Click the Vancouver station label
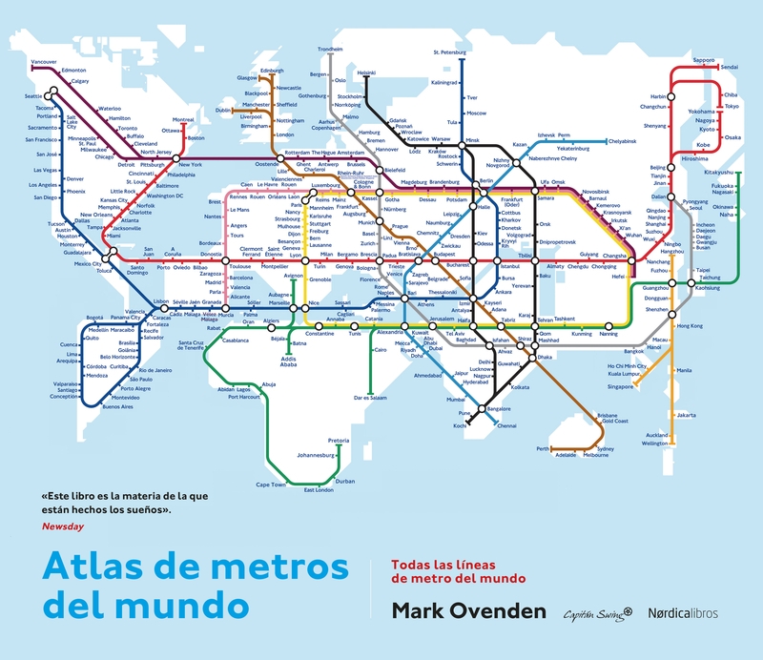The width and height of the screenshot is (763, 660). click(44, 62)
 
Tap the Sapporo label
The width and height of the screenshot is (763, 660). click(703, 60)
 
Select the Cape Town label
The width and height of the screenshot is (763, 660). click(271, 485)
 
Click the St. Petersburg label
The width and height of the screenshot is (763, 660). click(449, 52)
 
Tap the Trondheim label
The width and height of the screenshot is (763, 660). click(330, 49)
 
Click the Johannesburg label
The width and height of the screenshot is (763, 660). click(319, 456)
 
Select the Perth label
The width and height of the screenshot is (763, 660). click(544, 448)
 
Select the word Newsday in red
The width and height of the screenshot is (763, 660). click(61, 525)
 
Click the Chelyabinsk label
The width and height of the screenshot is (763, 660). click(614, 141)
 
